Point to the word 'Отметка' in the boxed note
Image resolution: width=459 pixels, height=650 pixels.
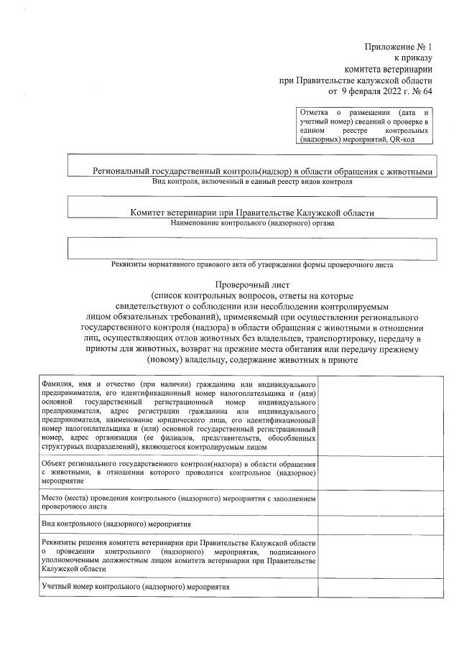point(314,113)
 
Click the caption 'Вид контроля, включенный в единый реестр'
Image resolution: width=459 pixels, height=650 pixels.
point(252,182)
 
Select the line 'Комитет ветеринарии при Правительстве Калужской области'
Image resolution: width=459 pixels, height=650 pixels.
point(252,213)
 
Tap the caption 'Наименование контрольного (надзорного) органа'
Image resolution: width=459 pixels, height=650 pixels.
point(252,223)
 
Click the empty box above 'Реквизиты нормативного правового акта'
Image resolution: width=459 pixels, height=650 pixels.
point(252,248)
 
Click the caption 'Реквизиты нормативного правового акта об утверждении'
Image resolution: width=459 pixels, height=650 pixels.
point(252,264)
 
